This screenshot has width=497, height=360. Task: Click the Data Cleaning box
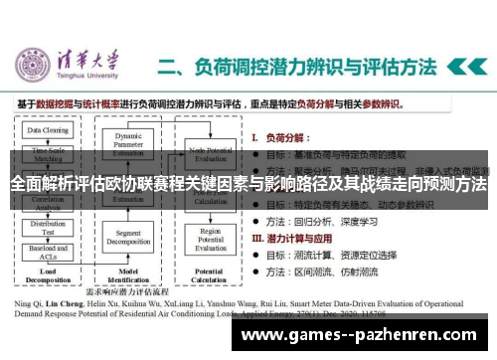48,130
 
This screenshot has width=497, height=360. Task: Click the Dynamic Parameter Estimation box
129,141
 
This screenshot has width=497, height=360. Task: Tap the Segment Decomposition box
129,238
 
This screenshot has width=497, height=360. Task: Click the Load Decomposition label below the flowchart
48,276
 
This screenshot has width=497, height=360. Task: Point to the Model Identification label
129,276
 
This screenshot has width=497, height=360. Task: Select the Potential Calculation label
210,276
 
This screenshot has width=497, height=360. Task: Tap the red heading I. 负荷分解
283,135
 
